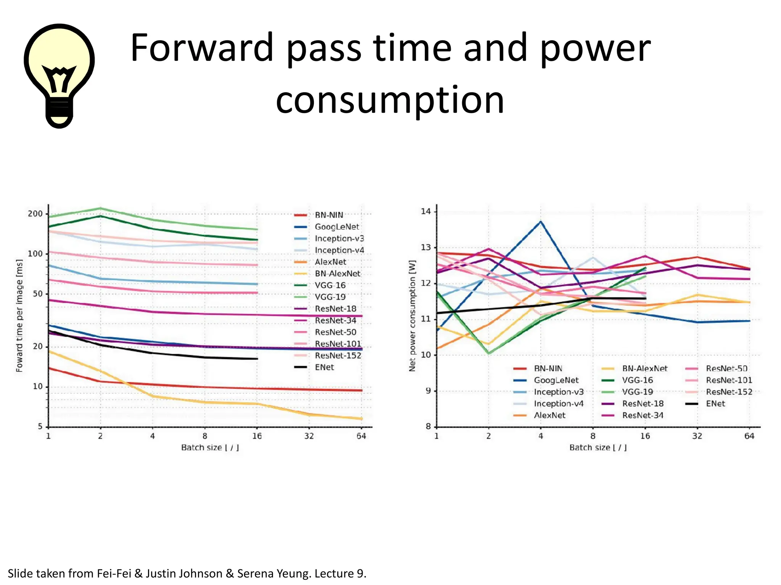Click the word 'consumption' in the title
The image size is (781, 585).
point(390,100)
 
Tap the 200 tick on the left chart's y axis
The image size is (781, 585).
point(35,214)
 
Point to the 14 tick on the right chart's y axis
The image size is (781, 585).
point(426,211)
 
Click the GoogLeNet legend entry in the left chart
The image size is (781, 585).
point(336,227)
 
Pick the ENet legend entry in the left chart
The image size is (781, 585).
point(324,367)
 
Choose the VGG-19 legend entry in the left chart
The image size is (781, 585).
point(330,297)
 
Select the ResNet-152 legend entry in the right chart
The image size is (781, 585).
point(729,392)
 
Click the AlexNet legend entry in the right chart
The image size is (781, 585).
point(549,415)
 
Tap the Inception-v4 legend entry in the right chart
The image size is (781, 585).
point(558,404)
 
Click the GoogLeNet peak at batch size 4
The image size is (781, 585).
point(540,222)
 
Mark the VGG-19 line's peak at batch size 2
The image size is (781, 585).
point(100,208)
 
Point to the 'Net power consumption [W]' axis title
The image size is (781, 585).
point(412,316)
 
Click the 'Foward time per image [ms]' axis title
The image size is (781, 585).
point(19,316)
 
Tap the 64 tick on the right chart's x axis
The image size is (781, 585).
point(749,436)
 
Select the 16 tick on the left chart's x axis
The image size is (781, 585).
point(257,436)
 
